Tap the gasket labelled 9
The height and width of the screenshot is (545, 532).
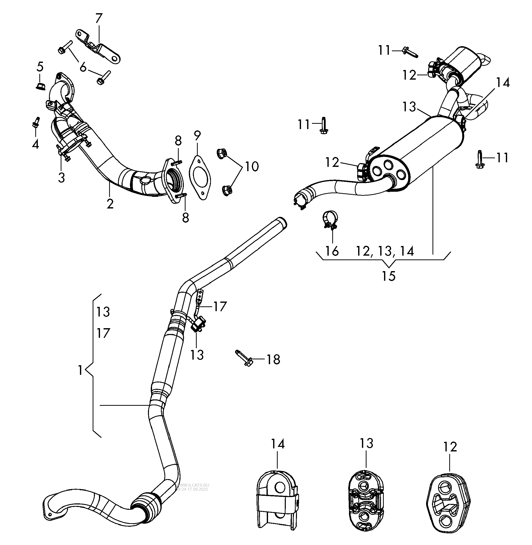click(x=200, y=179)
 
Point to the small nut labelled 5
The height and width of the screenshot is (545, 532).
click(x=40, y=86)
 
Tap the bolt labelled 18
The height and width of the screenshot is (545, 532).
click(x=244, y=358)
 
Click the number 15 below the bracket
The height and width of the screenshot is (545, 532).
click(x=388, y=276)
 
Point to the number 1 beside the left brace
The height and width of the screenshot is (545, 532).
click(x=80, y=370)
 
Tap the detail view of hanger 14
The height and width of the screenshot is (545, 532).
click(x=277, y=498)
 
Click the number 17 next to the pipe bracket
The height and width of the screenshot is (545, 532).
click(x=220, y=307)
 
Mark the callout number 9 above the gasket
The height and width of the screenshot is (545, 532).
click(x=197, y=136)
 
